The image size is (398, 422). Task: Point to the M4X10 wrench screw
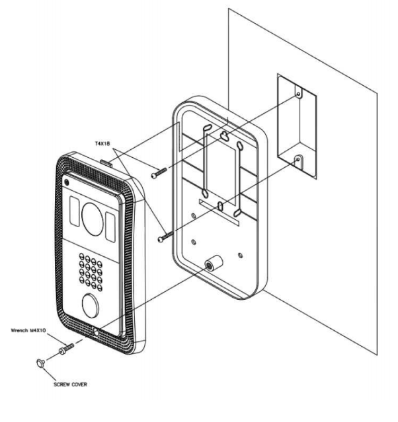[x=64, y=349]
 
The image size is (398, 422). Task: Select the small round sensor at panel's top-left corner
[x=67, y=182]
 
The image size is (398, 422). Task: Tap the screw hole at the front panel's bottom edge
[x=97, y=334]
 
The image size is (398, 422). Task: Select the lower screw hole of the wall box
[x=298, y=158]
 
